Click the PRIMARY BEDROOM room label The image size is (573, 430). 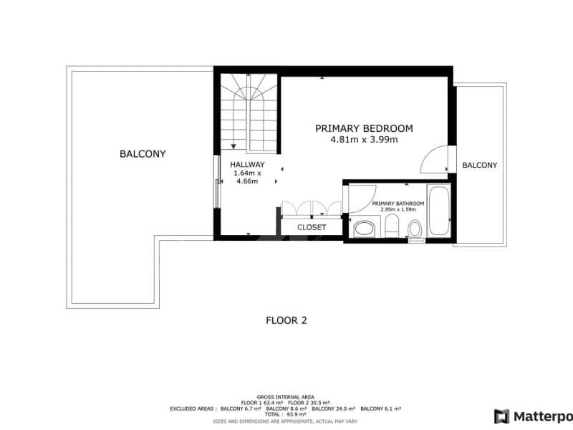point(364,128)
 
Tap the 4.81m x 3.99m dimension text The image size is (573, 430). point(364,140)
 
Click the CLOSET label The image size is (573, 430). point(312,227)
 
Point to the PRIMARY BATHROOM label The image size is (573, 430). point(398,204)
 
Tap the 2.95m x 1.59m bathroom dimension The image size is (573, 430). point(398,210)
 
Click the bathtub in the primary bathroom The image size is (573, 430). point(438,211)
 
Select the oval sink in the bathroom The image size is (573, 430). point(365,229)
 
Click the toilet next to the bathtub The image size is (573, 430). point(415,229)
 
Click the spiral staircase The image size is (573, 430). point(248,115)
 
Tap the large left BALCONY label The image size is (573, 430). point(143,153)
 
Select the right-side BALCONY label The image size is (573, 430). point(479,165)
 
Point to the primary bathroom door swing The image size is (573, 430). point(362,198)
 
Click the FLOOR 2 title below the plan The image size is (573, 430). point(286,320)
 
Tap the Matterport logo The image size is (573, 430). point(534,416)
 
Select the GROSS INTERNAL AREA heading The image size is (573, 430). point(286,395)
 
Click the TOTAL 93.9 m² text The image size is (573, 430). point(286,414)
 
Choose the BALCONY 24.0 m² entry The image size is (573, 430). point(334,408)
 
